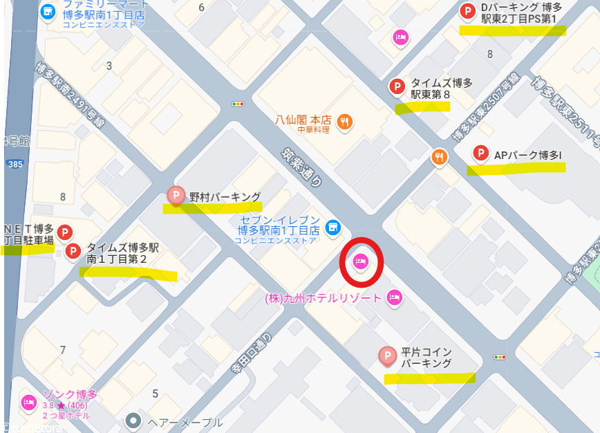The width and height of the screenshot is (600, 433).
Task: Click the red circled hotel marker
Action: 359,261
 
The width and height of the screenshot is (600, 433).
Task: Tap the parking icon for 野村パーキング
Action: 176,195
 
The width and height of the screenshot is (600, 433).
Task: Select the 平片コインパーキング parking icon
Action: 387,356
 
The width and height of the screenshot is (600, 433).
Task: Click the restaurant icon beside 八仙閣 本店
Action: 344,122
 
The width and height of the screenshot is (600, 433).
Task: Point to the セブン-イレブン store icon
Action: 333,227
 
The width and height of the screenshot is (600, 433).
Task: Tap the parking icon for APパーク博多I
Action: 480,154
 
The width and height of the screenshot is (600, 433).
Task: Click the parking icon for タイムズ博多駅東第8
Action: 397,86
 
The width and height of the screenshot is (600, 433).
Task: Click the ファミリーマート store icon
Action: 48,11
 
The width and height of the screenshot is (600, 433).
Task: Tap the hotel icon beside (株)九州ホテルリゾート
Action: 394,298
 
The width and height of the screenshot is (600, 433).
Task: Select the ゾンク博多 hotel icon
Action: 28,401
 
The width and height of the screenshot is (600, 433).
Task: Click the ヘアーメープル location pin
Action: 133,421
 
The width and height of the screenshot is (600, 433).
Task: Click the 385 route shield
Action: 14,164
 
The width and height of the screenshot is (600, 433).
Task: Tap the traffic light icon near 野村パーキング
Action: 238,104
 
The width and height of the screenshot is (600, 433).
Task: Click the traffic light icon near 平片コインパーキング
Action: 499,357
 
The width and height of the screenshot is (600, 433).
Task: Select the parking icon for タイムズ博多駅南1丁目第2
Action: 73,251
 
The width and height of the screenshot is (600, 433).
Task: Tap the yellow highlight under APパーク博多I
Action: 516,168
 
